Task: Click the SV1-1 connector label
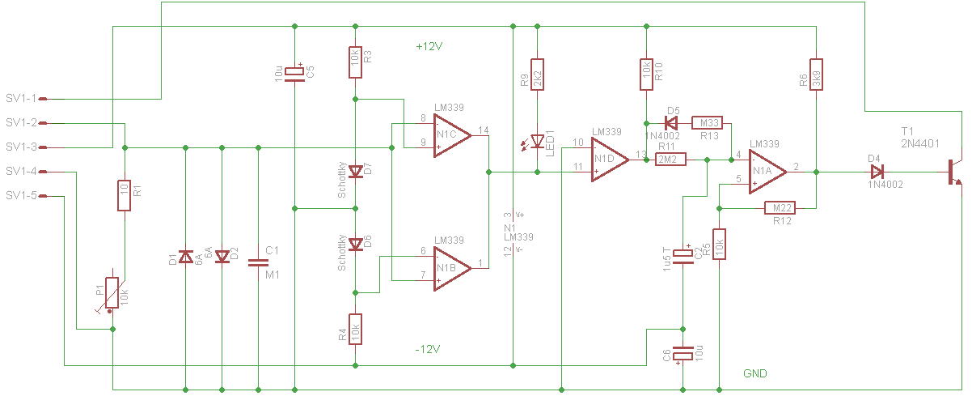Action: [x=21, y=99]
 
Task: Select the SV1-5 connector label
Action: [x=21, y=196]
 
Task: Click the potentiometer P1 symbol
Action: [x=113, y=293]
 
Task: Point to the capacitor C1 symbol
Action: [x=258, y=262]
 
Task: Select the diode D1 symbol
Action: [x=185, y=258]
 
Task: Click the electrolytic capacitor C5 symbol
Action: [x=294, y=73]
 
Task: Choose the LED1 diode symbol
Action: [x=538, y=141]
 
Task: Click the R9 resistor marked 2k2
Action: [x=537, y=79]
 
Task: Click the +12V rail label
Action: [x=429, y=47]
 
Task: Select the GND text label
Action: [x=754, y=373]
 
